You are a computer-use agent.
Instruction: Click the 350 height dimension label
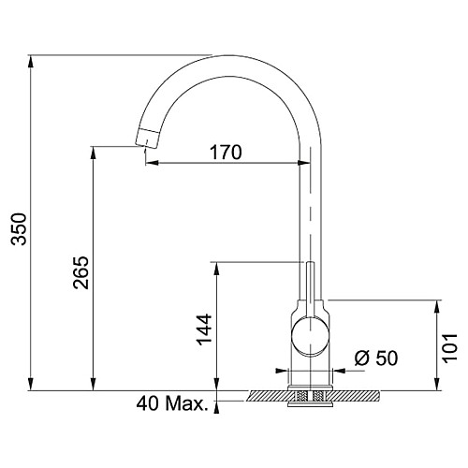[x=19, y=229]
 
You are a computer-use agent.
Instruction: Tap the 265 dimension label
[x=81, y=272]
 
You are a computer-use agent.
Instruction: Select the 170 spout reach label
[x=226, y=153]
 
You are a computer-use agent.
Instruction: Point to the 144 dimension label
[x=204, y=329]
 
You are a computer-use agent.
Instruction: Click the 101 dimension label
[x=450, y=348]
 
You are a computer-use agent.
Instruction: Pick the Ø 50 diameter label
[x=376, y=358]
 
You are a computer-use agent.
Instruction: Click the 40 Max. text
[x=172, y=403]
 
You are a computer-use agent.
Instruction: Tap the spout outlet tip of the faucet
[x=147, y=139]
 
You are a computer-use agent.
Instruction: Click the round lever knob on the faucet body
[x=310, y=337]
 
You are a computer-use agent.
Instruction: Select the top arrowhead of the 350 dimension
[x=30, y=61]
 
